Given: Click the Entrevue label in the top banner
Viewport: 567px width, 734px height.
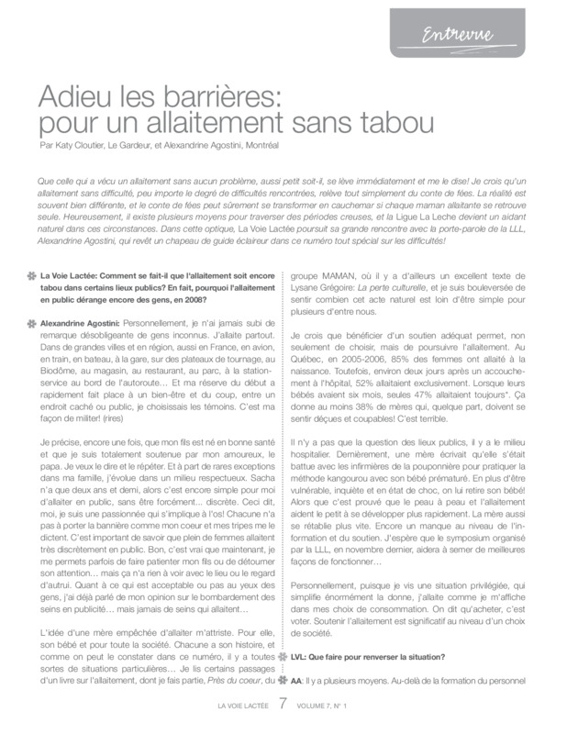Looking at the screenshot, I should tap(458, 36).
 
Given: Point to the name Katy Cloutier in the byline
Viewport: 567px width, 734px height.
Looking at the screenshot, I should tap(75, 145).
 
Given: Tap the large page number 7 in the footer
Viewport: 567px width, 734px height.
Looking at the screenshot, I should tap(283, 705).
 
